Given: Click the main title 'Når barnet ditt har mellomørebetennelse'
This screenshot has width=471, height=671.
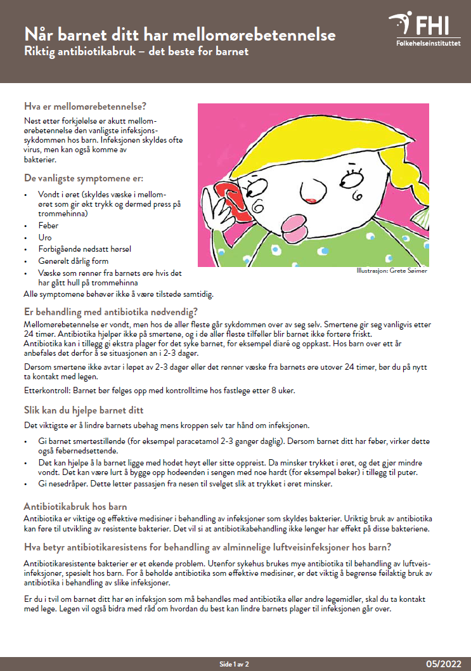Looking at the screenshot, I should (179, 34).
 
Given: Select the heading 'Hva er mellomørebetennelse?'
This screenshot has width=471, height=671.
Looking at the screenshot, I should (84, 106).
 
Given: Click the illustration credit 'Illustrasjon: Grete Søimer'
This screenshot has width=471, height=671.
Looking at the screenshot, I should (391, 271).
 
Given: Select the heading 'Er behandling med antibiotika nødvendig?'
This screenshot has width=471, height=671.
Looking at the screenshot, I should (111, 311).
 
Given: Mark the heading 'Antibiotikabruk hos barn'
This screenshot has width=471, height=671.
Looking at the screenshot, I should (75, 507).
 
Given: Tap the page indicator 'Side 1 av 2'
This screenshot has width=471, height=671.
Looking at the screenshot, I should (235, 663).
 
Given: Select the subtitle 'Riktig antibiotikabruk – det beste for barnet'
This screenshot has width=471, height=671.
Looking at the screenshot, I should (136, 51).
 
